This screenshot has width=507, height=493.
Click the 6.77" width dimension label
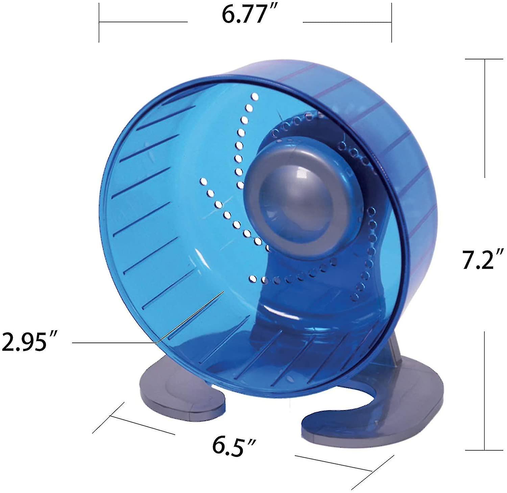click(245, 15)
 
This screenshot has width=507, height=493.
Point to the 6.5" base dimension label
click(234, 446)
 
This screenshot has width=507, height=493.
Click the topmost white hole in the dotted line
click(255, 98)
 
